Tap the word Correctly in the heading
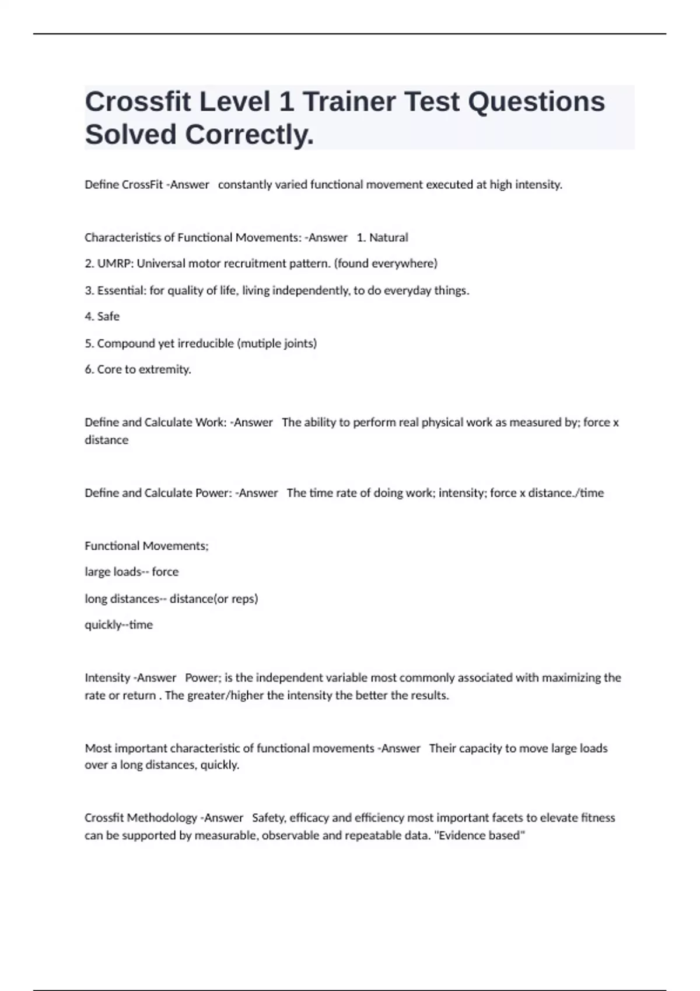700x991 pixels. pyautogui.click(x=250, y=135)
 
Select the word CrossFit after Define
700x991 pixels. pyautogui.click(x=142, y=185)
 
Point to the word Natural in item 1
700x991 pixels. pyautogui.click(x=388, y=237)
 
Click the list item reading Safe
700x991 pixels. pyautogui.click(x=108, y=317)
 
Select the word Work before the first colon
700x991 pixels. pyautogui.click(x=211, y=422)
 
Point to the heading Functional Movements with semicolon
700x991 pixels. pyautogui.click(x=146, y=546)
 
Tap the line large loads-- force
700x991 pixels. pyautogui.click(x=132, y=572)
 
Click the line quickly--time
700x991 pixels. pyautogui.click(x=119, y=625)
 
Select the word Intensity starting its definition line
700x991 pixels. pyautogui.click(x=107, y=677)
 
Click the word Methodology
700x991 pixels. pyautogui.click(x=162, y=818)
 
